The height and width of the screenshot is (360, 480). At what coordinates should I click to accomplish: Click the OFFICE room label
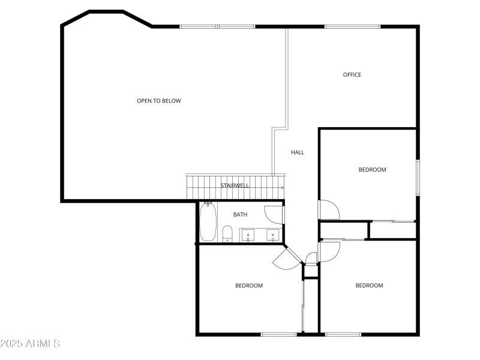coord(352,75)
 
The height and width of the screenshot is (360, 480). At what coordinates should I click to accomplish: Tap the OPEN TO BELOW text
coord(158,101)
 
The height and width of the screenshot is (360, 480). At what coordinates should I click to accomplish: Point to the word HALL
coord(298,152)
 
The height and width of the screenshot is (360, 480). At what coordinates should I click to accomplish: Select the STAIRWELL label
coord(235,185)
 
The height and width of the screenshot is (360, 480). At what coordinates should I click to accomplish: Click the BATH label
coord(240,214)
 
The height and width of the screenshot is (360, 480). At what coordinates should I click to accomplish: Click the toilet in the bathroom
coord(227,233)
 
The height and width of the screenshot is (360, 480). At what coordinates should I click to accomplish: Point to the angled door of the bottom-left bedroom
coord(287,259)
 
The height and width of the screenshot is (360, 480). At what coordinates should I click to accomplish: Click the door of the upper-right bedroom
coord(329,209)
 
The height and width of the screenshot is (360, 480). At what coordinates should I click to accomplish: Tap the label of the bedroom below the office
coord(372,170)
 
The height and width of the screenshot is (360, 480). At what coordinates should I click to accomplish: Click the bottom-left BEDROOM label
coord(248,286)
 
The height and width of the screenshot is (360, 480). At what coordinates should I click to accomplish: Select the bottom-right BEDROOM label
coord(369,286)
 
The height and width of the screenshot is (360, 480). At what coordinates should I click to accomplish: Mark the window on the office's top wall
coord(352,26)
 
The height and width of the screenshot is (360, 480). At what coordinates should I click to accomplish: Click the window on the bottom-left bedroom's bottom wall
coord(279,334)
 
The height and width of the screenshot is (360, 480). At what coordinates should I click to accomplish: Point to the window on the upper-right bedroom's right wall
coord(418,177)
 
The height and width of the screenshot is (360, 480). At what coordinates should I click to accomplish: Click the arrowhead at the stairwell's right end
coord(282,188)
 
